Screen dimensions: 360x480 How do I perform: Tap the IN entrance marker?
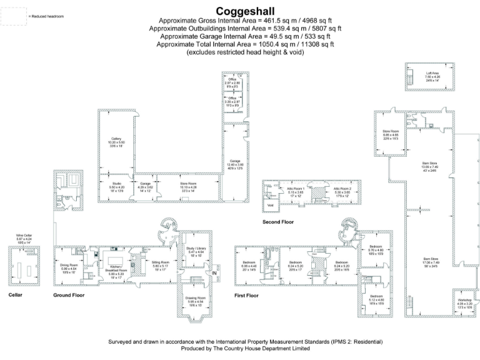coord(214,273)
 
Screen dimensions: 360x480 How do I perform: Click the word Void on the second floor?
coord(270,204)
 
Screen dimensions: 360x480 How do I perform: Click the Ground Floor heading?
coord(69,294)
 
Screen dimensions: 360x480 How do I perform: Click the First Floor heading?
coord(247,294)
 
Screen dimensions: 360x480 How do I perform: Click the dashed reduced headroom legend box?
coord(12,16)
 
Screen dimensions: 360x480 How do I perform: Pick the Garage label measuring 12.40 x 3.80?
coord(235,164)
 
